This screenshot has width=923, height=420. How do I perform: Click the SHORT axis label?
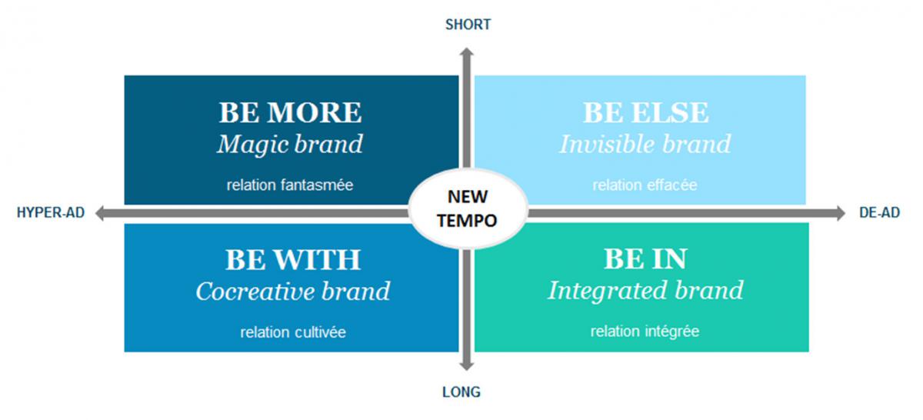[x=468, y=25]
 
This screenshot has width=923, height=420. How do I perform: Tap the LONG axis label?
[x=461, y=392]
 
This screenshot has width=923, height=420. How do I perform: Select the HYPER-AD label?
[x=51, y=212]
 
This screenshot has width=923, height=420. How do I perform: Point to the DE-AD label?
[x=879, y=212]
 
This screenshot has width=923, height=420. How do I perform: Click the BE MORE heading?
[x=291, y=112]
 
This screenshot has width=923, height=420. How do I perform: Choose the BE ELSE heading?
[x=645, y=112]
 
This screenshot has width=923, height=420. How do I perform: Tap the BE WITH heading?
[x=292, y=260]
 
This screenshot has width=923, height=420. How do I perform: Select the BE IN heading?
[x=645, y=258]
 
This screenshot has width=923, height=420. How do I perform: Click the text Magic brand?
[x=290, y=145]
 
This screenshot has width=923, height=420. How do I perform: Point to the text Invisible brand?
[x=645, y=145]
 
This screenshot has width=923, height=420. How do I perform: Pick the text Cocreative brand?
[x=292, y=292]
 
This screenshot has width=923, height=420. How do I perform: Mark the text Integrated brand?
[x=645, y=292]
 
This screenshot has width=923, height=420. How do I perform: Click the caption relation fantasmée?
[x=290, y=185]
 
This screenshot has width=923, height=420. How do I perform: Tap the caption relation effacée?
[x=645, y=185]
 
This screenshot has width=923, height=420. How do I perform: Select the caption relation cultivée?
[x=293, y=332]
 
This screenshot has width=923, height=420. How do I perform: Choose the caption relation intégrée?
[x=645, y=331]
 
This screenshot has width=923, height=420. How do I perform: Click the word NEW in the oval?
[x=468, y=197]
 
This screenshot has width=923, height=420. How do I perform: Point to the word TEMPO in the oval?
[x=468, y=221]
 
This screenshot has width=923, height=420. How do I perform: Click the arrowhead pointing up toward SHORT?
[x=466, y=53]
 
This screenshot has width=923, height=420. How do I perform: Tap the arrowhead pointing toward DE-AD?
[x=841, y=213]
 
